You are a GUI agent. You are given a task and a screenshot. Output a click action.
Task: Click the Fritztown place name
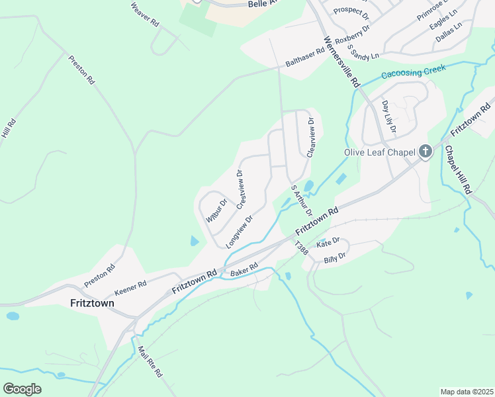[92, 303]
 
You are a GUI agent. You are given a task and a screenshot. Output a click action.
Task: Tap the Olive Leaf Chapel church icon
[425, 153]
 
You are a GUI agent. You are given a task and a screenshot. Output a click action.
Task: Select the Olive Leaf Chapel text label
[379, 153]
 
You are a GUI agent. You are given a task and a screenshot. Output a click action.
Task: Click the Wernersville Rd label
[341, 62]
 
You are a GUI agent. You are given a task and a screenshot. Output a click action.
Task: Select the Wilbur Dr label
[216, 210]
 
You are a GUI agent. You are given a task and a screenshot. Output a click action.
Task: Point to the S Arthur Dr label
[301, 200]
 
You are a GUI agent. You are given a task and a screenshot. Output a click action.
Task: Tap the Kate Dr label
[328, 244]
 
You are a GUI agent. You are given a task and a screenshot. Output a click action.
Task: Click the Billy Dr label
[335, 258]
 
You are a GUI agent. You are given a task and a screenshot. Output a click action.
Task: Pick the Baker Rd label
[244, 271]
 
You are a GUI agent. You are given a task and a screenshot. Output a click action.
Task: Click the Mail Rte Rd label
[150, 362]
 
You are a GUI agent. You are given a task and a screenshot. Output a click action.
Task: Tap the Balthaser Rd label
[306, 58]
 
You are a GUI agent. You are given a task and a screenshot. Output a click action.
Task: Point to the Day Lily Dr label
[388, 116]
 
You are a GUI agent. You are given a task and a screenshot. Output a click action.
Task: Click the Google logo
[22, 389]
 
